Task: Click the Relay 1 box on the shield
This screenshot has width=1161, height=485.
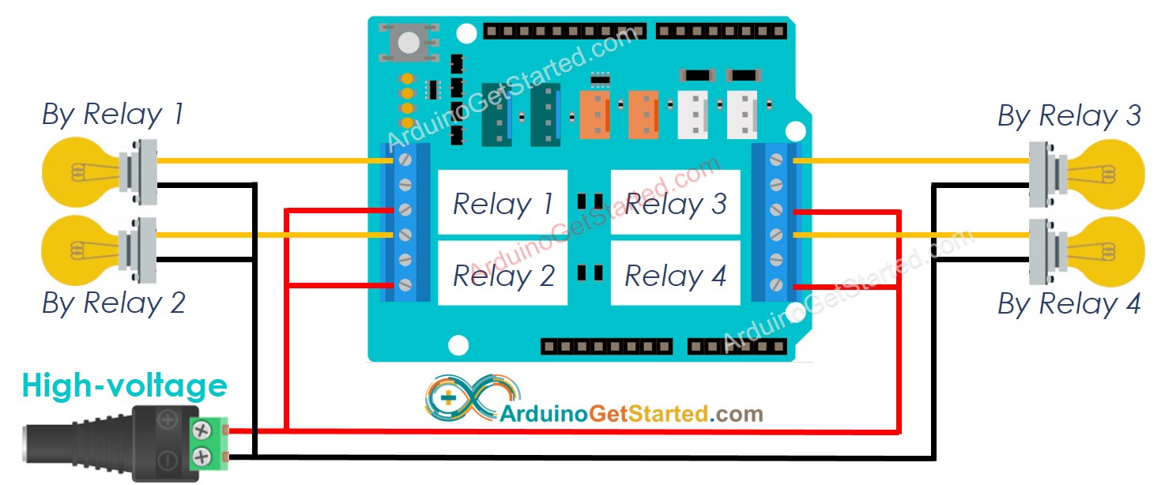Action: tap(503, 202)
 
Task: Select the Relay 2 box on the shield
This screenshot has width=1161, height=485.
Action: tap(503, 273)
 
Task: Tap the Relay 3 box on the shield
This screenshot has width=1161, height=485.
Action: tap(675, 202)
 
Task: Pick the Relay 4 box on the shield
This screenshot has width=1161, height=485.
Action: tap(675, 273)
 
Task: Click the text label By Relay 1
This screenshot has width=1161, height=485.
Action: tap(112, 115)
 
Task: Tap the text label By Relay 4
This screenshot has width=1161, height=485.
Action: tap(1069, 304)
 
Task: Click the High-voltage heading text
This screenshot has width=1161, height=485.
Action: tap(124, 386)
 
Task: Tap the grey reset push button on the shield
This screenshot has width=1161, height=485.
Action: tap(409, 42)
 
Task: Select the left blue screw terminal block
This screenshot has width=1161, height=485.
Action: tap(405, 222)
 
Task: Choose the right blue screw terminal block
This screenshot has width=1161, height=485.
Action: tap(776, 222)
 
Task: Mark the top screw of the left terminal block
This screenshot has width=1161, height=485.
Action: tap(405, 161)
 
